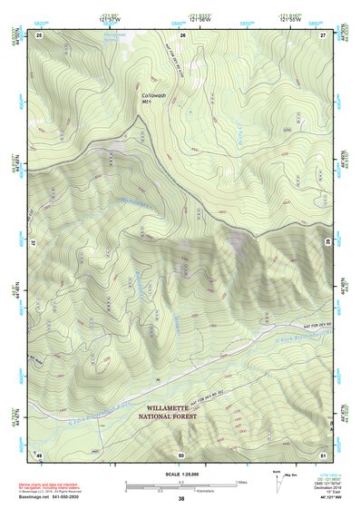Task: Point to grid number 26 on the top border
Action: [182, 34]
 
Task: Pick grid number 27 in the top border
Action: [323, 34]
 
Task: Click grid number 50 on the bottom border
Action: [182, 454]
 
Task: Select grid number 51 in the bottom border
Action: [323, 454]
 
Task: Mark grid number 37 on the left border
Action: [33, 243]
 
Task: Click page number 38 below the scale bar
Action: [181, 499]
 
